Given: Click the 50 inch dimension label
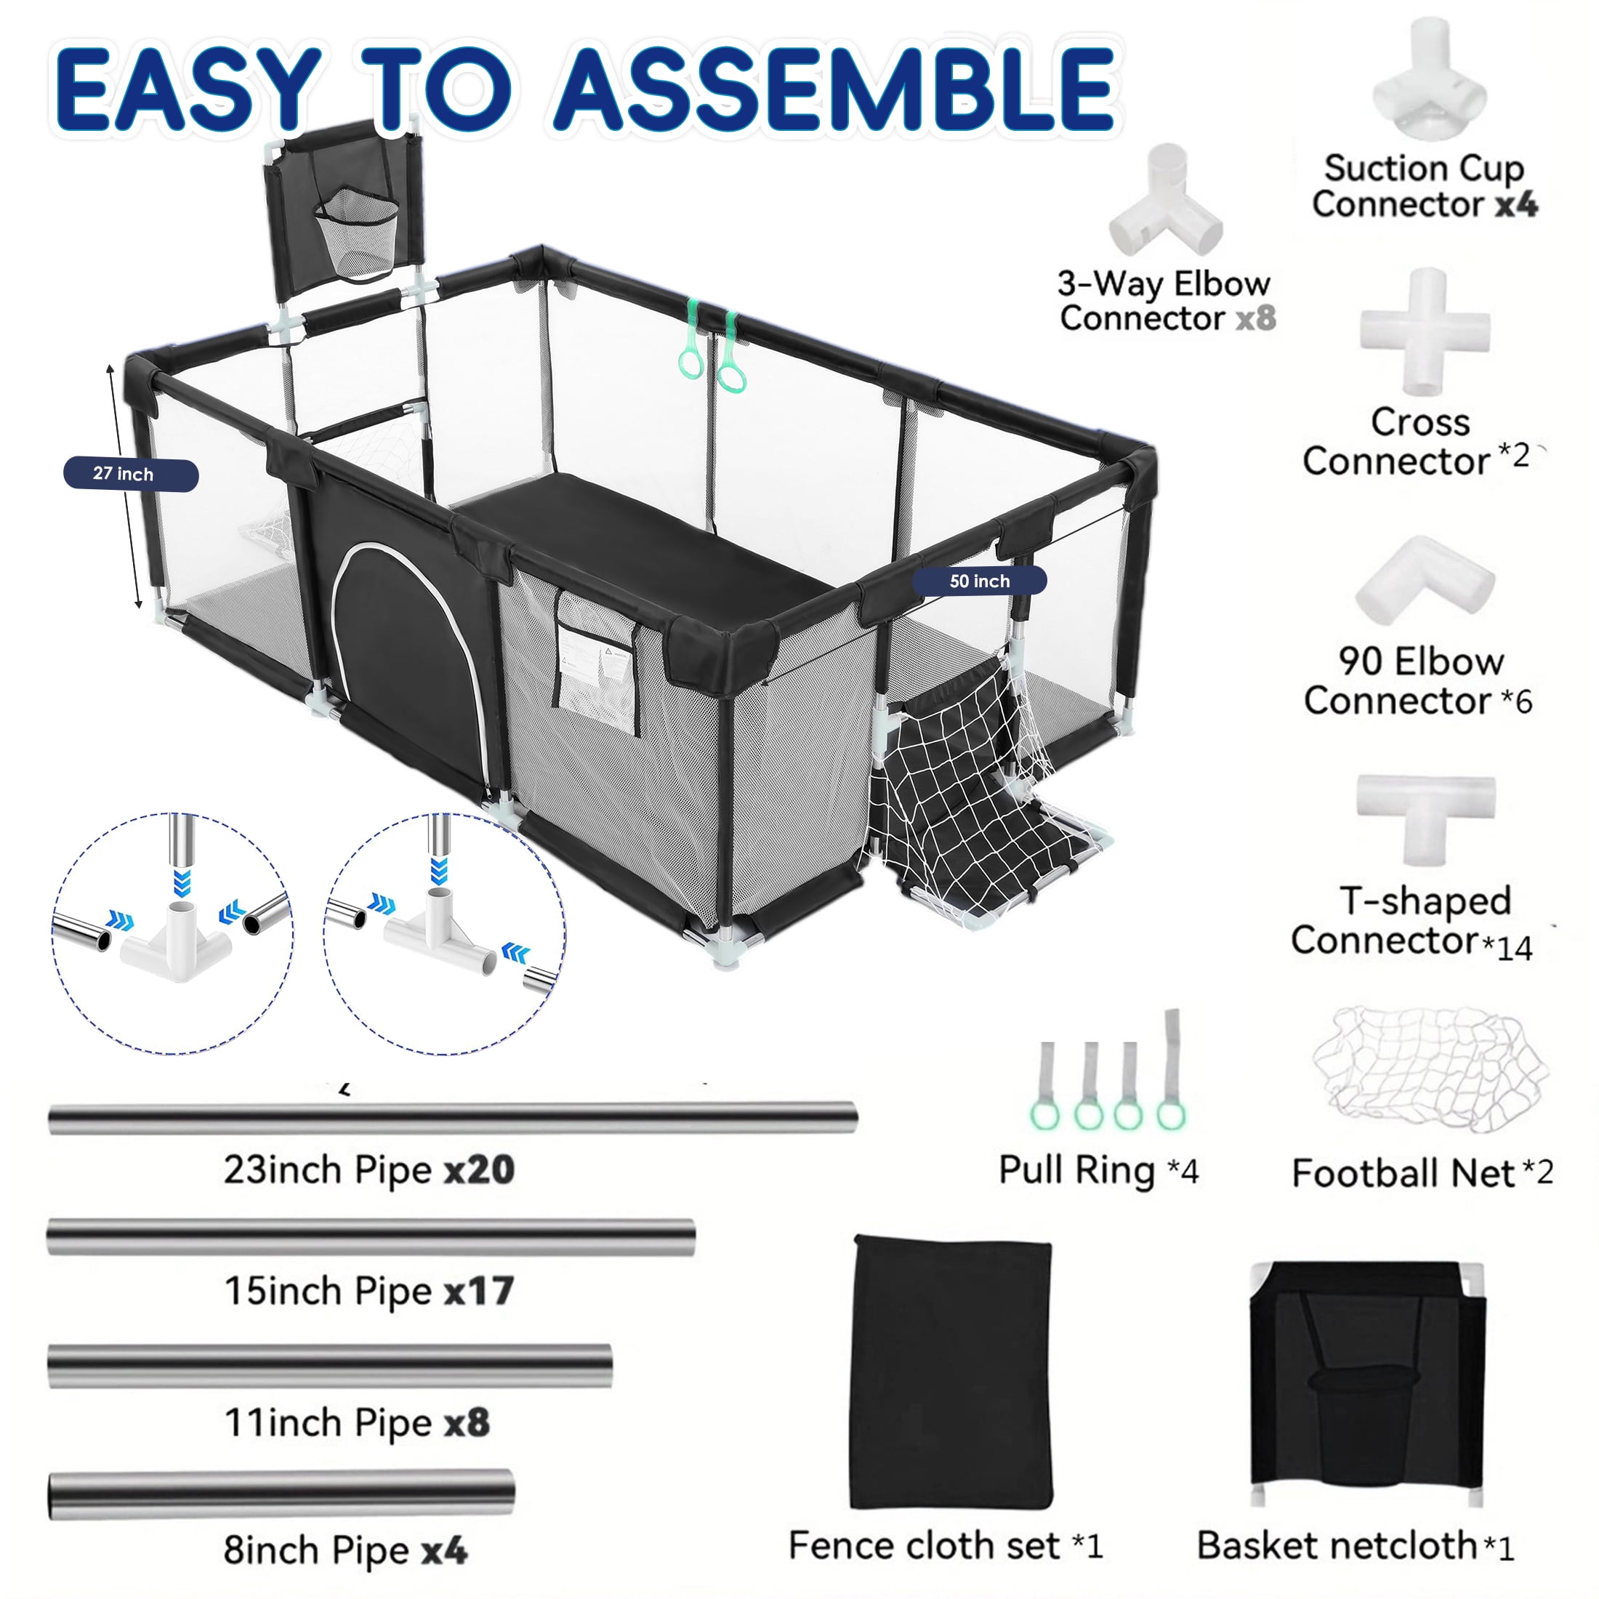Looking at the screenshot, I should pyautogui.click(x=979, y=581).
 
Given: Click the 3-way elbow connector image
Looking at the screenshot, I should pyautogui.click(x=1165, y=203).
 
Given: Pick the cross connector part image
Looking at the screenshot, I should pyautogui.click(x=1425, y=331).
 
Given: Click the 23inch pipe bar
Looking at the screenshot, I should pyautogui.click(x=453, y=1118).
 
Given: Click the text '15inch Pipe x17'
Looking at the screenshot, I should pyautogui.click(x=369, y=1291).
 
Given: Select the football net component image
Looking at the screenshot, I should pyautogui.click(x=1430, y=1069).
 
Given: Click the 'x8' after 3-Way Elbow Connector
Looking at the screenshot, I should pyautogui.click(x=1255, y=318).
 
